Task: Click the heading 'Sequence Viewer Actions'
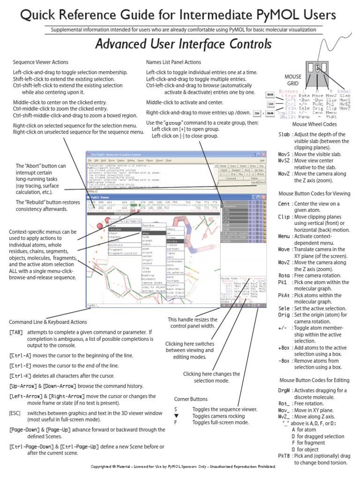[40, 62]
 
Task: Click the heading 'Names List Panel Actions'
[173, 62]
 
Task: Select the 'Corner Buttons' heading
[191, 399]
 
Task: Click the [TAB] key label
[15, 332]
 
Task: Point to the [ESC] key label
[15, 412]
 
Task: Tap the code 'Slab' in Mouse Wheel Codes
[284, 135]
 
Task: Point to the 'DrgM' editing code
[285, 390]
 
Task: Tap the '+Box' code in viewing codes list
[284, 347]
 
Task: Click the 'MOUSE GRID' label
[293, 80]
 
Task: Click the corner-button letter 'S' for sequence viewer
[175, 409]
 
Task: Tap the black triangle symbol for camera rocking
[176, 416]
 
